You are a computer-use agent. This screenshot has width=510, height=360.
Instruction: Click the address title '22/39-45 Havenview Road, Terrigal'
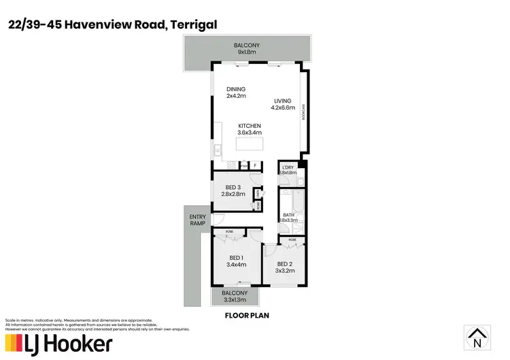112,25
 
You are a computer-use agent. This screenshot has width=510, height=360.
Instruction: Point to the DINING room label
236,93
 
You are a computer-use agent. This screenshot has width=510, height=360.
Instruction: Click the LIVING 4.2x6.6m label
282,104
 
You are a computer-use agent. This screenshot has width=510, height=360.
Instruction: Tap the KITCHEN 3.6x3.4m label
249,129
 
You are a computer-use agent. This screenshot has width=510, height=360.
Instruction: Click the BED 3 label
233,191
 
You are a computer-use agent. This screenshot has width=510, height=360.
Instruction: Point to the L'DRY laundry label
288,169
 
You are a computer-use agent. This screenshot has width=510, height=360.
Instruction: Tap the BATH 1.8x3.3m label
289,218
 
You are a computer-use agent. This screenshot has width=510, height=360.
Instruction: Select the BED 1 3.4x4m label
237,261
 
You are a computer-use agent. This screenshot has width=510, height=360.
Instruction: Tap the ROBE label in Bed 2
292,240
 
